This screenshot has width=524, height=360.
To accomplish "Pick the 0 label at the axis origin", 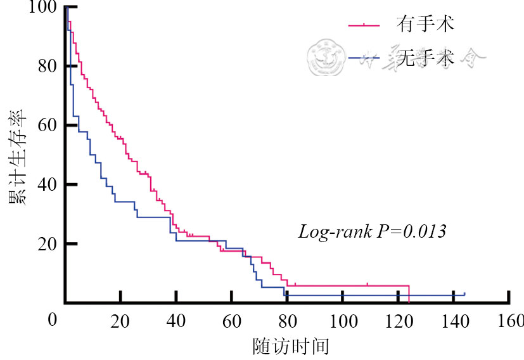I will pos(52,320).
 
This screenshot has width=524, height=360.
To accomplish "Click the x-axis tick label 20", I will pos(120,320).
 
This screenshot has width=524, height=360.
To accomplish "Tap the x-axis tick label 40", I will pos(176,320).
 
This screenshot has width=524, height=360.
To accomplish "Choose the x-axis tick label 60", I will pos(232,320).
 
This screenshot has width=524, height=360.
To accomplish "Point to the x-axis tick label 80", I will pos(287,320).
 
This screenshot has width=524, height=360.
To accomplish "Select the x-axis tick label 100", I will pos(343,320).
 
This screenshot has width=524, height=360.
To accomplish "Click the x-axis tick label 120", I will pos(399,320).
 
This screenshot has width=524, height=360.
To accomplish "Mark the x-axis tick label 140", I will pos(454,320).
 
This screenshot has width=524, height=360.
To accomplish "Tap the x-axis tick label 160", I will pos(509,320).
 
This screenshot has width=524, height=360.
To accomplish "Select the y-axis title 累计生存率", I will pos(16,155).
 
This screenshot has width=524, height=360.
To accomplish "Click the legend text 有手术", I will pos(425,25).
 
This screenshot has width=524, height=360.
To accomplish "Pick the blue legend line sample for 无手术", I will pos(364,58).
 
